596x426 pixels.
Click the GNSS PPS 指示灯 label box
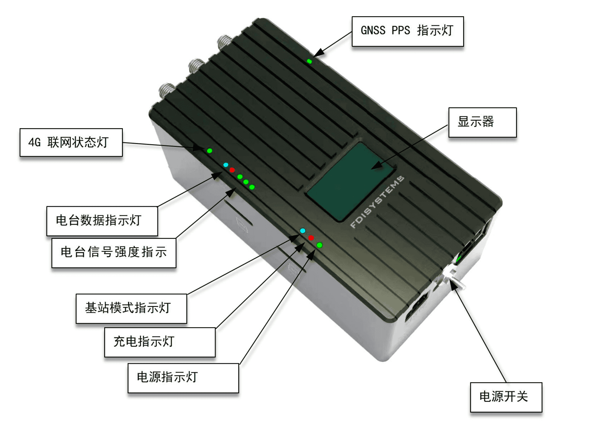click(407, 31)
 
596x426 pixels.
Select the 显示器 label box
click(482, 122)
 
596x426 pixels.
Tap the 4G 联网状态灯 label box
click(71, 142)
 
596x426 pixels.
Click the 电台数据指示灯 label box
click(102, 221)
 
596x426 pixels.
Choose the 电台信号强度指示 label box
click(114, 252)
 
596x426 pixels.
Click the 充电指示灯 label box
click(160, 342)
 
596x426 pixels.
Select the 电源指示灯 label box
click(183, 378)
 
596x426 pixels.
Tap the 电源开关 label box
click(505, 397)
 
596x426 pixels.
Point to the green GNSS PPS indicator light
click(309, 61)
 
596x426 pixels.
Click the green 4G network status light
click(210, 151)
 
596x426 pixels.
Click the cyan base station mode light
click(303, 231)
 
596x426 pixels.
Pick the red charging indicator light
click(311, 238)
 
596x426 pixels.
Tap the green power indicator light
click(319, 245)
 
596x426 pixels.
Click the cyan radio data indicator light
click(226, 165)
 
